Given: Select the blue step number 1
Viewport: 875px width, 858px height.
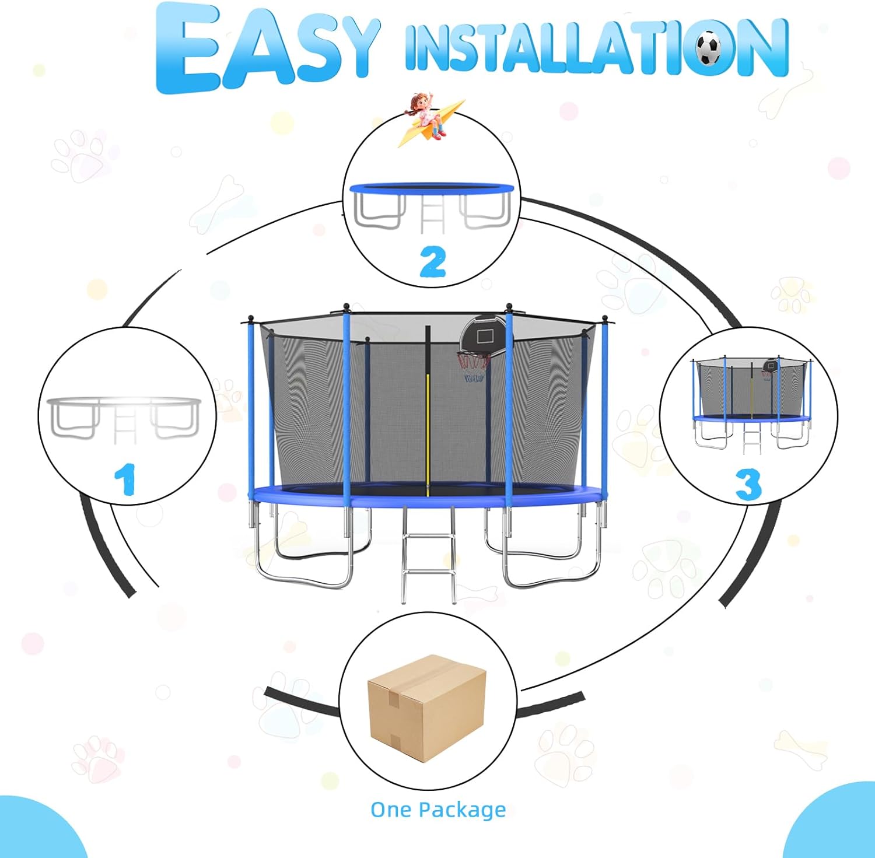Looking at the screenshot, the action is pyautogui.click(x=125, y=479).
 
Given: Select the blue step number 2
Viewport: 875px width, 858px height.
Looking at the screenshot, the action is pyautogui.click(x=432, y=262).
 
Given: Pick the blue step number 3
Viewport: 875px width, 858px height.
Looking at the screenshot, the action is pyautogui.click(x=748, y=484).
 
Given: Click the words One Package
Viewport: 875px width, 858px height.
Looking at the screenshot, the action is pyautogui.click(x=438, y=810).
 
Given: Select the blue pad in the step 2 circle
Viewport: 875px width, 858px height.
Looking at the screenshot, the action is pyautogui.click(x=432, y=188).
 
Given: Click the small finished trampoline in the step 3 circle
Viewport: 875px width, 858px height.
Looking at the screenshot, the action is pyautogui.click(x=751, y=402).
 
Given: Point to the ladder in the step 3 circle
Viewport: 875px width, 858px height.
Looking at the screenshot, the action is pyautogui.click(x=751, y=437).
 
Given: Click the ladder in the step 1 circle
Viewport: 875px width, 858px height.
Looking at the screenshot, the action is pyautogui.click(x=124, y=426).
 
